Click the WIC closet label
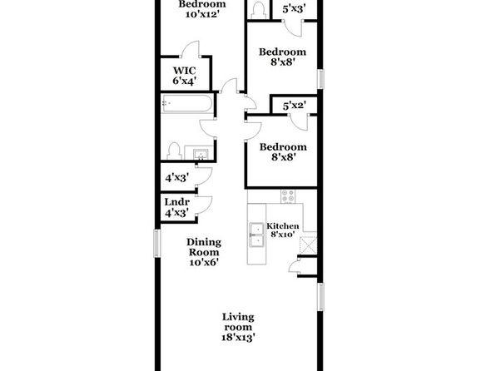(184, 70)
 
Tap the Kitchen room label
(282, 226)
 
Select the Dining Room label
(204, 247)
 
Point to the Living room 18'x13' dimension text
(238, 338)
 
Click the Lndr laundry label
(176, 202)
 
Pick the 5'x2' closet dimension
(295, 106)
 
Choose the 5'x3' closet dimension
(294, 8)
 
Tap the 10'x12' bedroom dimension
(202, 14)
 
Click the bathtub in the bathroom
(186, 103)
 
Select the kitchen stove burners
(288, 196)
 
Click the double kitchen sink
(256, 235)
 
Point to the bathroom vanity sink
(201, 155)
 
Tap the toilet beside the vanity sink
(174, 151)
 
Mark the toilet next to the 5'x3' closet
(259, 11)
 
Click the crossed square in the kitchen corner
(308, 245)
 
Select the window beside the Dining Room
(157, 243)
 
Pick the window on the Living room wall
(320, 297)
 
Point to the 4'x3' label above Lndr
(176, 178)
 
